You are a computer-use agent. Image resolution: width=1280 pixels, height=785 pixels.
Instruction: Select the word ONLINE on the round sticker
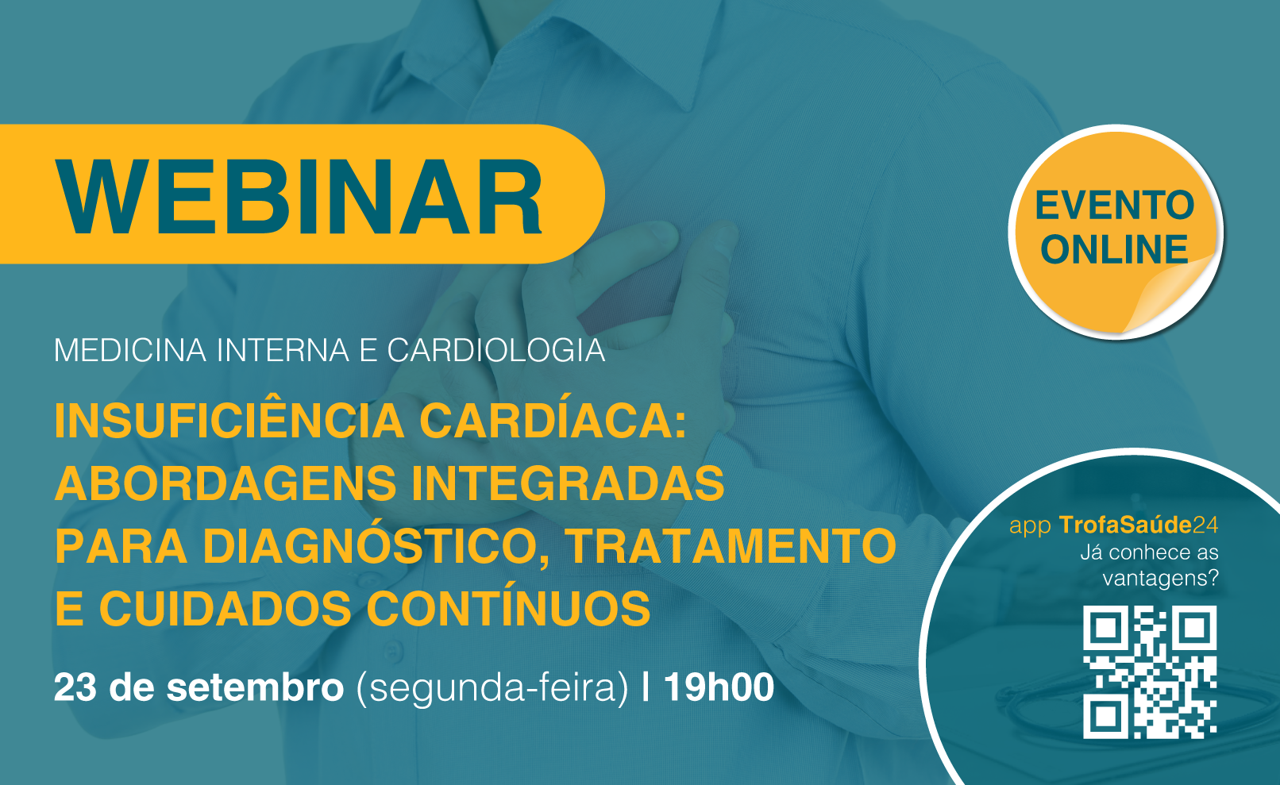click(x=1115, y=249)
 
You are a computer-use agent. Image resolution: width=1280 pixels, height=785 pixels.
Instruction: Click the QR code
click(x=1150, y=672)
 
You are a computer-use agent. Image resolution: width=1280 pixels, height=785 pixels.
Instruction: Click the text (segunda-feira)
click(x=492, y=688)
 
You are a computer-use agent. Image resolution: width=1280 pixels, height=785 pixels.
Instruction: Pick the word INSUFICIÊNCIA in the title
click(x=229, y=420)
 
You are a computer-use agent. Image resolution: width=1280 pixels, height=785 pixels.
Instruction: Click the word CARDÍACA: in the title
click(x=553, y=420)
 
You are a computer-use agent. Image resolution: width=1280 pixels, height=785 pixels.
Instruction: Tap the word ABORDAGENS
click(x=226, y=483)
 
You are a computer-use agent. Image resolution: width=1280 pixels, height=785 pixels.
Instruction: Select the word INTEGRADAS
click(x=568, y=483)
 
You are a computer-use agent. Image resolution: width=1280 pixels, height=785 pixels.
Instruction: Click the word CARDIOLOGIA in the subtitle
click(x=496, y=350)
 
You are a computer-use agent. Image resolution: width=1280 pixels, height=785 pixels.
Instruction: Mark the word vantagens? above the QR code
click(x=1161, y=578)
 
